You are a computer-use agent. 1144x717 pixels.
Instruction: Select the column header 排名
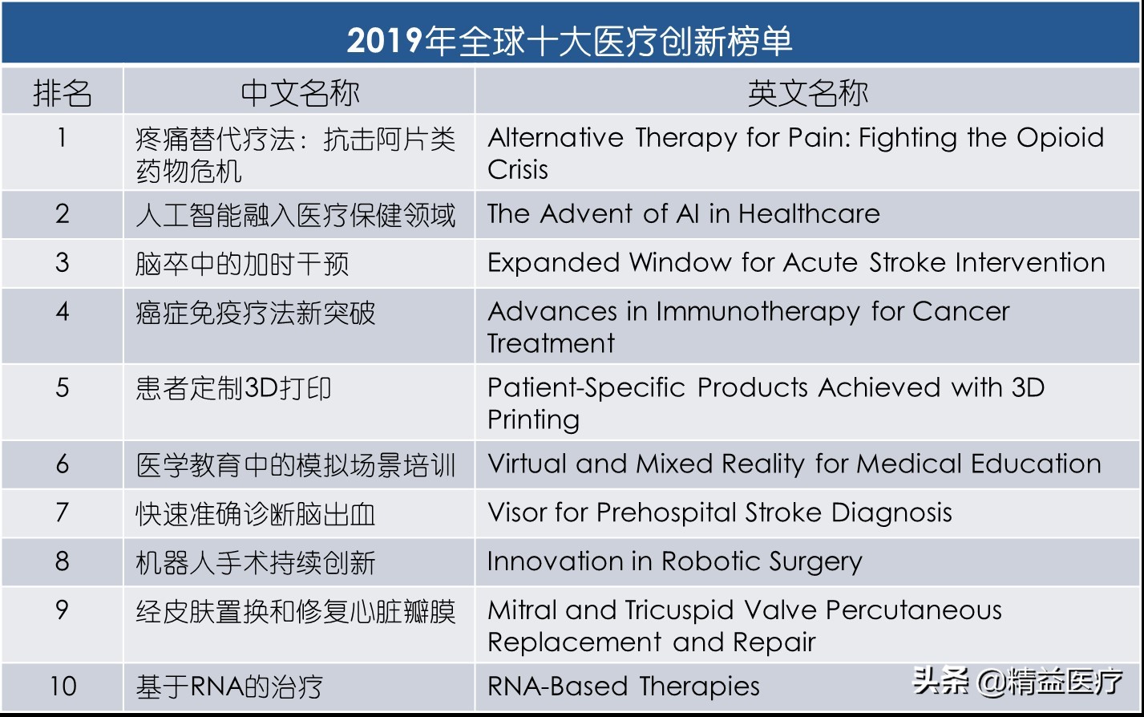62,93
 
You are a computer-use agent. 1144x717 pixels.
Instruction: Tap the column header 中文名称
300,93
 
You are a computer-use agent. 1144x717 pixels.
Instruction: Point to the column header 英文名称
807,93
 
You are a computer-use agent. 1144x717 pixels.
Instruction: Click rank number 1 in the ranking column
62,138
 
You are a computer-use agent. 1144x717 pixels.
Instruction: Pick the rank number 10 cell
63,687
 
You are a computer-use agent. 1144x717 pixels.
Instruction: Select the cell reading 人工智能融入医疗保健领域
296,215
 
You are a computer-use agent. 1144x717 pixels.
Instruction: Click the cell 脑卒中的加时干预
242,264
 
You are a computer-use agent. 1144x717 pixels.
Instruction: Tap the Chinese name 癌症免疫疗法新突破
256,313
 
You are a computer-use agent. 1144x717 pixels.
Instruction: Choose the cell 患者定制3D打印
233,389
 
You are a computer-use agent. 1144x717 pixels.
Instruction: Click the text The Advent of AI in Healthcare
683,214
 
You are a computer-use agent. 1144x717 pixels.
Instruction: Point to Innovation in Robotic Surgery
674,562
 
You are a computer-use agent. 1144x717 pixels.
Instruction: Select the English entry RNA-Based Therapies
623,687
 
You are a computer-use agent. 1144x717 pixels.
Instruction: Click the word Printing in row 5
533,420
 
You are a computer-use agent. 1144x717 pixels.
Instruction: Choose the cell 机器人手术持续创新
256,563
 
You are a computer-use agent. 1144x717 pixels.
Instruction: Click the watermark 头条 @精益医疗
1018,682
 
